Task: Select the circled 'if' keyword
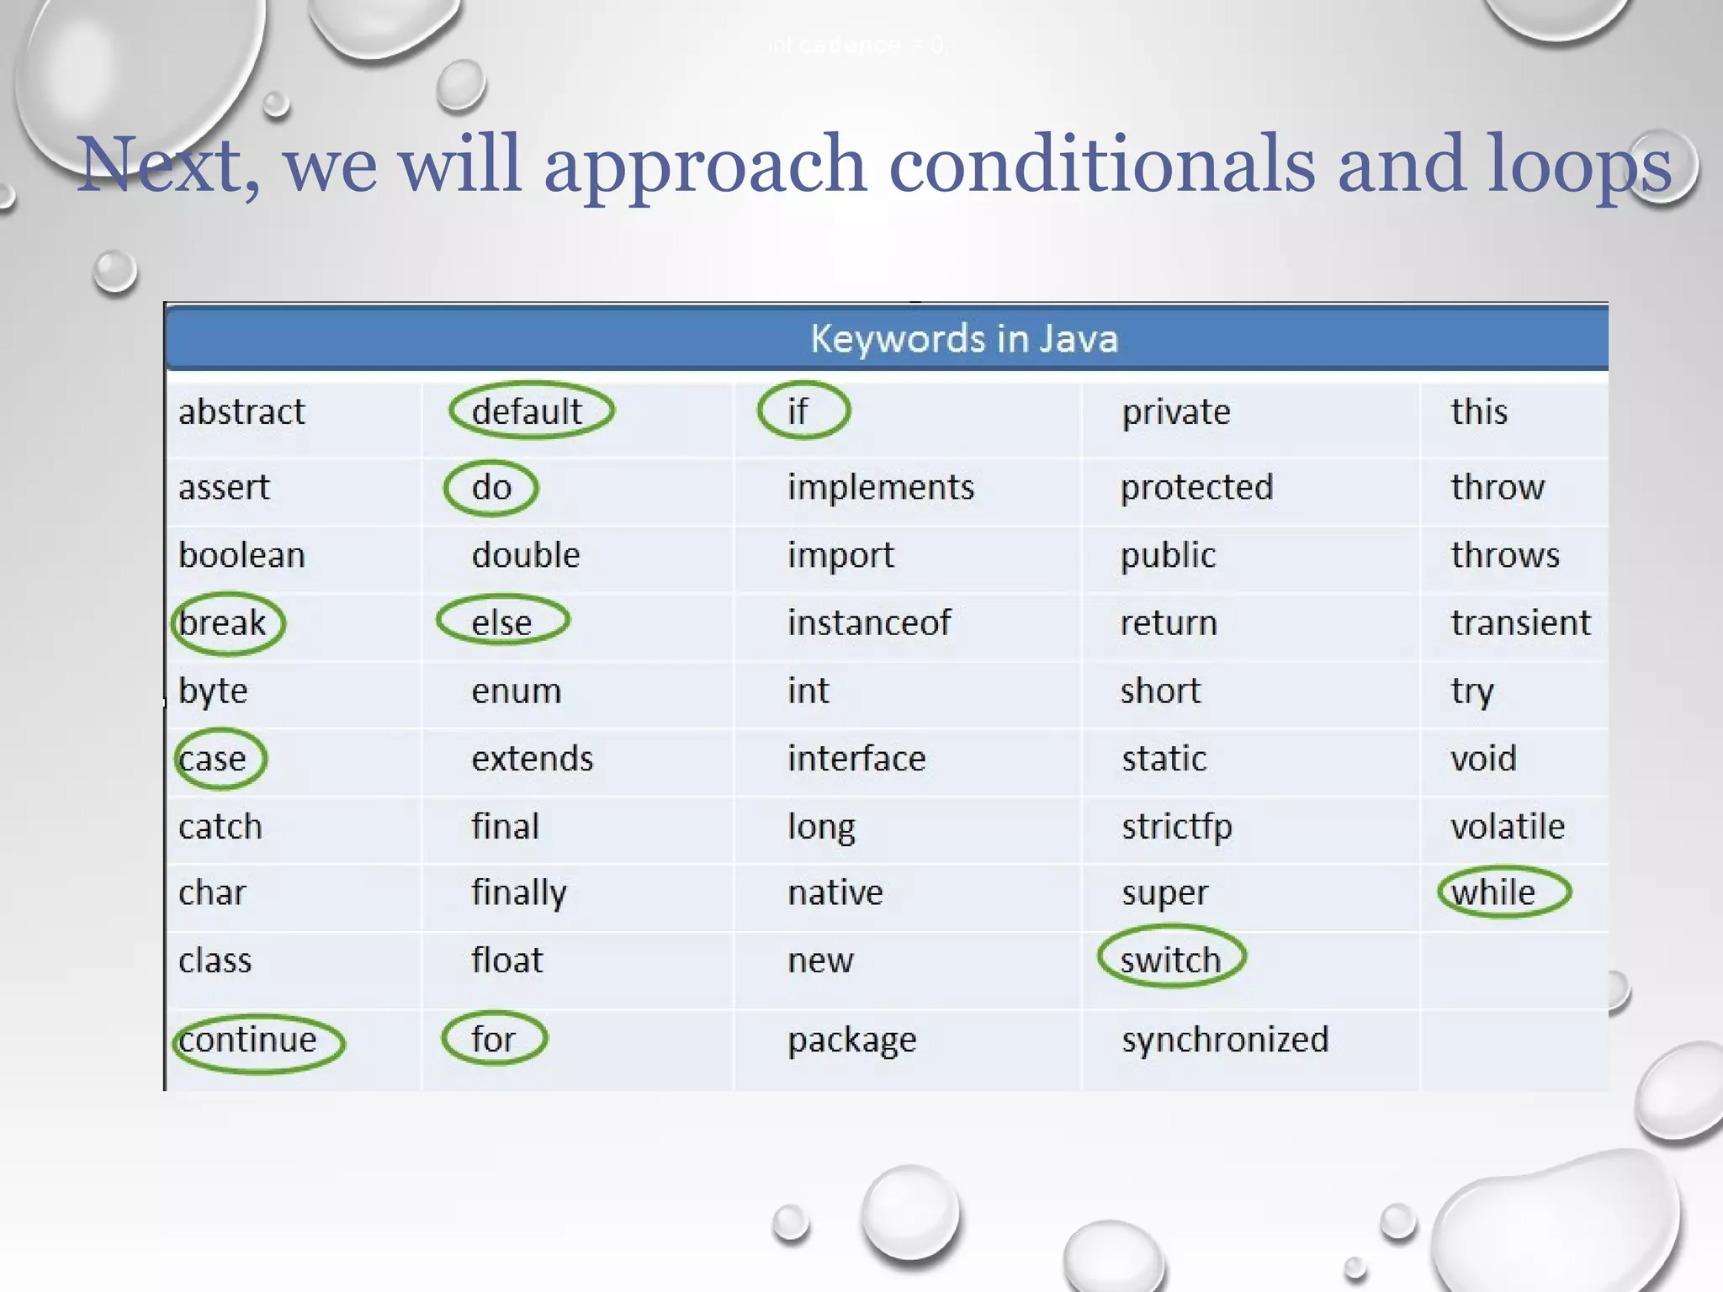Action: tap(802, 411)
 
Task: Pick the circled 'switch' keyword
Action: tap(1170, 960)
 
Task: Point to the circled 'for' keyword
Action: tap(494, 1039)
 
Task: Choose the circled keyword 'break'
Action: tap(226, 623)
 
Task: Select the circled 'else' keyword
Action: tap(502, 622)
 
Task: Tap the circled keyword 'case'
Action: tap(218, 759)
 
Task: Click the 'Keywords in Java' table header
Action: tap(963, 339)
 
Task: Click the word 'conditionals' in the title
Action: tap(1101, 165)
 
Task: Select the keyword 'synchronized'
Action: tap(1225, 1040)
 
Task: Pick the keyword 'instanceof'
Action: tap(868, 623)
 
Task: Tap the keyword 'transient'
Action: tap(1520, 623)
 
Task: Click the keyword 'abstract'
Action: tap(241, 412)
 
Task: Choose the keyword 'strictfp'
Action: tap(1176, 827)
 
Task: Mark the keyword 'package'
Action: tap(851, 1040)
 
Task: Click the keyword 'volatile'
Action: tap(1507, 827)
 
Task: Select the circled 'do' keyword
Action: tap(491, 488)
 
